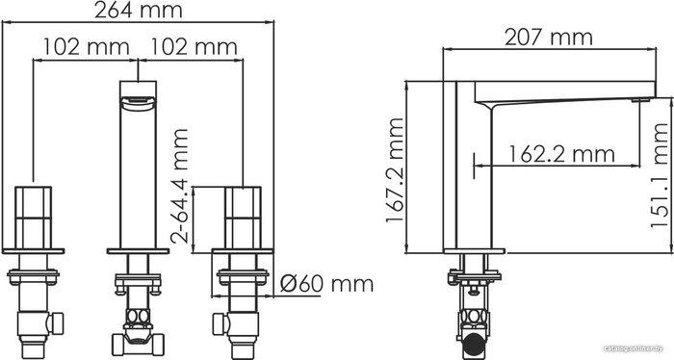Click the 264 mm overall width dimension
[139, 11]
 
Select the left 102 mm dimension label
[86, 46]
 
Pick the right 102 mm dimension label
[194, 46]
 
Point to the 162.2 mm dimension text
[561, 154]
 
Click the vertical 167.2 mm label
[395, 170]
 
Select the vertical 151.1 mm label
[661, 175]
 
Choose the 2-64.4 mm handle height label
[179, 187]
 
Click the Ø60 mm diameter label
[326, 284]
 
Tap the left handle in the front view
[33, 218]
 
